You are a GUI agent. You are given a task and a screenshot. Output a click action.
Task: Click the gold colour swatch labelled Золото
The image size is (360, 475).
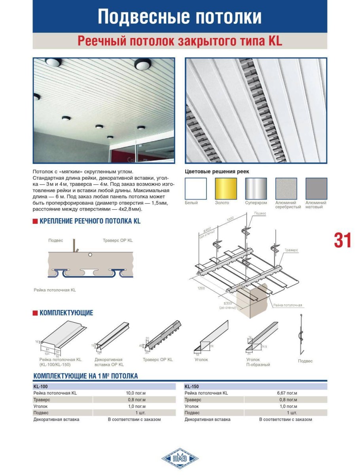[x=226, y=188]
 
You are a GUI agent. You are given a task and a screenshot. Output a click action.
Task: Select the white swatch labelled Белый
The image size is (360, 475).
[x=196, y=188]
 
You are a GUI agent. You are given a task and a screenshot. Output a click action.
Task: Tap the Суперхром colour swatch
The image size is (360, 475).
[x=256, y=188]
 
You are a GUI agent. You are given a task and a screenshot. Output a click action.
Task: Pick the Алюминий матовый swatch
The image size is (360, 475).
[x=316, y=188]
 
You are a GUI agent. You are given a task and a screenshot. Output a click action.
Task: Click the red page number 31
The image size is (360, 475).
[x=343, y=240]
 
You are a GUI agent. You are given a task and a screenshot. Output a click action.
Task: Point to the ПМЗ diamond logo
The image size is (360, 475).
[x=180, y=459]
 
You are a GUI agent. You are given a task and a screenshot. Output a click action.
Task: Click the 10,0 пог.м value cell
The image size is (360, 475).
[x=136, y=393]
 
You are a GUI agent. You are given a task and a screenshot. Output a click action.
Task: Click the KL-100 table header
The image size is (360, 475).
[x=41, y=386]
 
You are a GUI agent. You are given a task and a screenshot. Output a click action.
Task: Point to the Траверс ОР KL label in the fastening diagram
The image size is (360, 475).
[x=117, y=240]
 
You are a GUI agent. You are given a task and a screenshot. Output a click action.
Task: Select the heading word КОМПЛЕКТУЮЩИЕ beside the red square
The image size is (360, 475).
[x=66, y=313]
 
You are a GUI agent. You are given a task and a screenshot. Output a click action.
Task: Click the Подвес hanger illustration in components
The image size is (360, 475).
[x=304, y=336]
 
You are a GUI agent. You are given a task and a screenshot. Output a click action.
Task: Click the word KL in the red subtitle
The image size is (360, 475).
[x=275, y=41]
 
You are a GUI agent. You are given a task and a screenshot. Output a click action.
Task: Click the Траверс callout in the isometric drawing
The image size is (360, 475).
[x=291, y=251]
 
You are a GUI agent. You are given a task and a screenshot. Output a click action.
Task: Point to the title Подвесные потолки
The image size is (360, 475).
[x=180, y=17]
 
